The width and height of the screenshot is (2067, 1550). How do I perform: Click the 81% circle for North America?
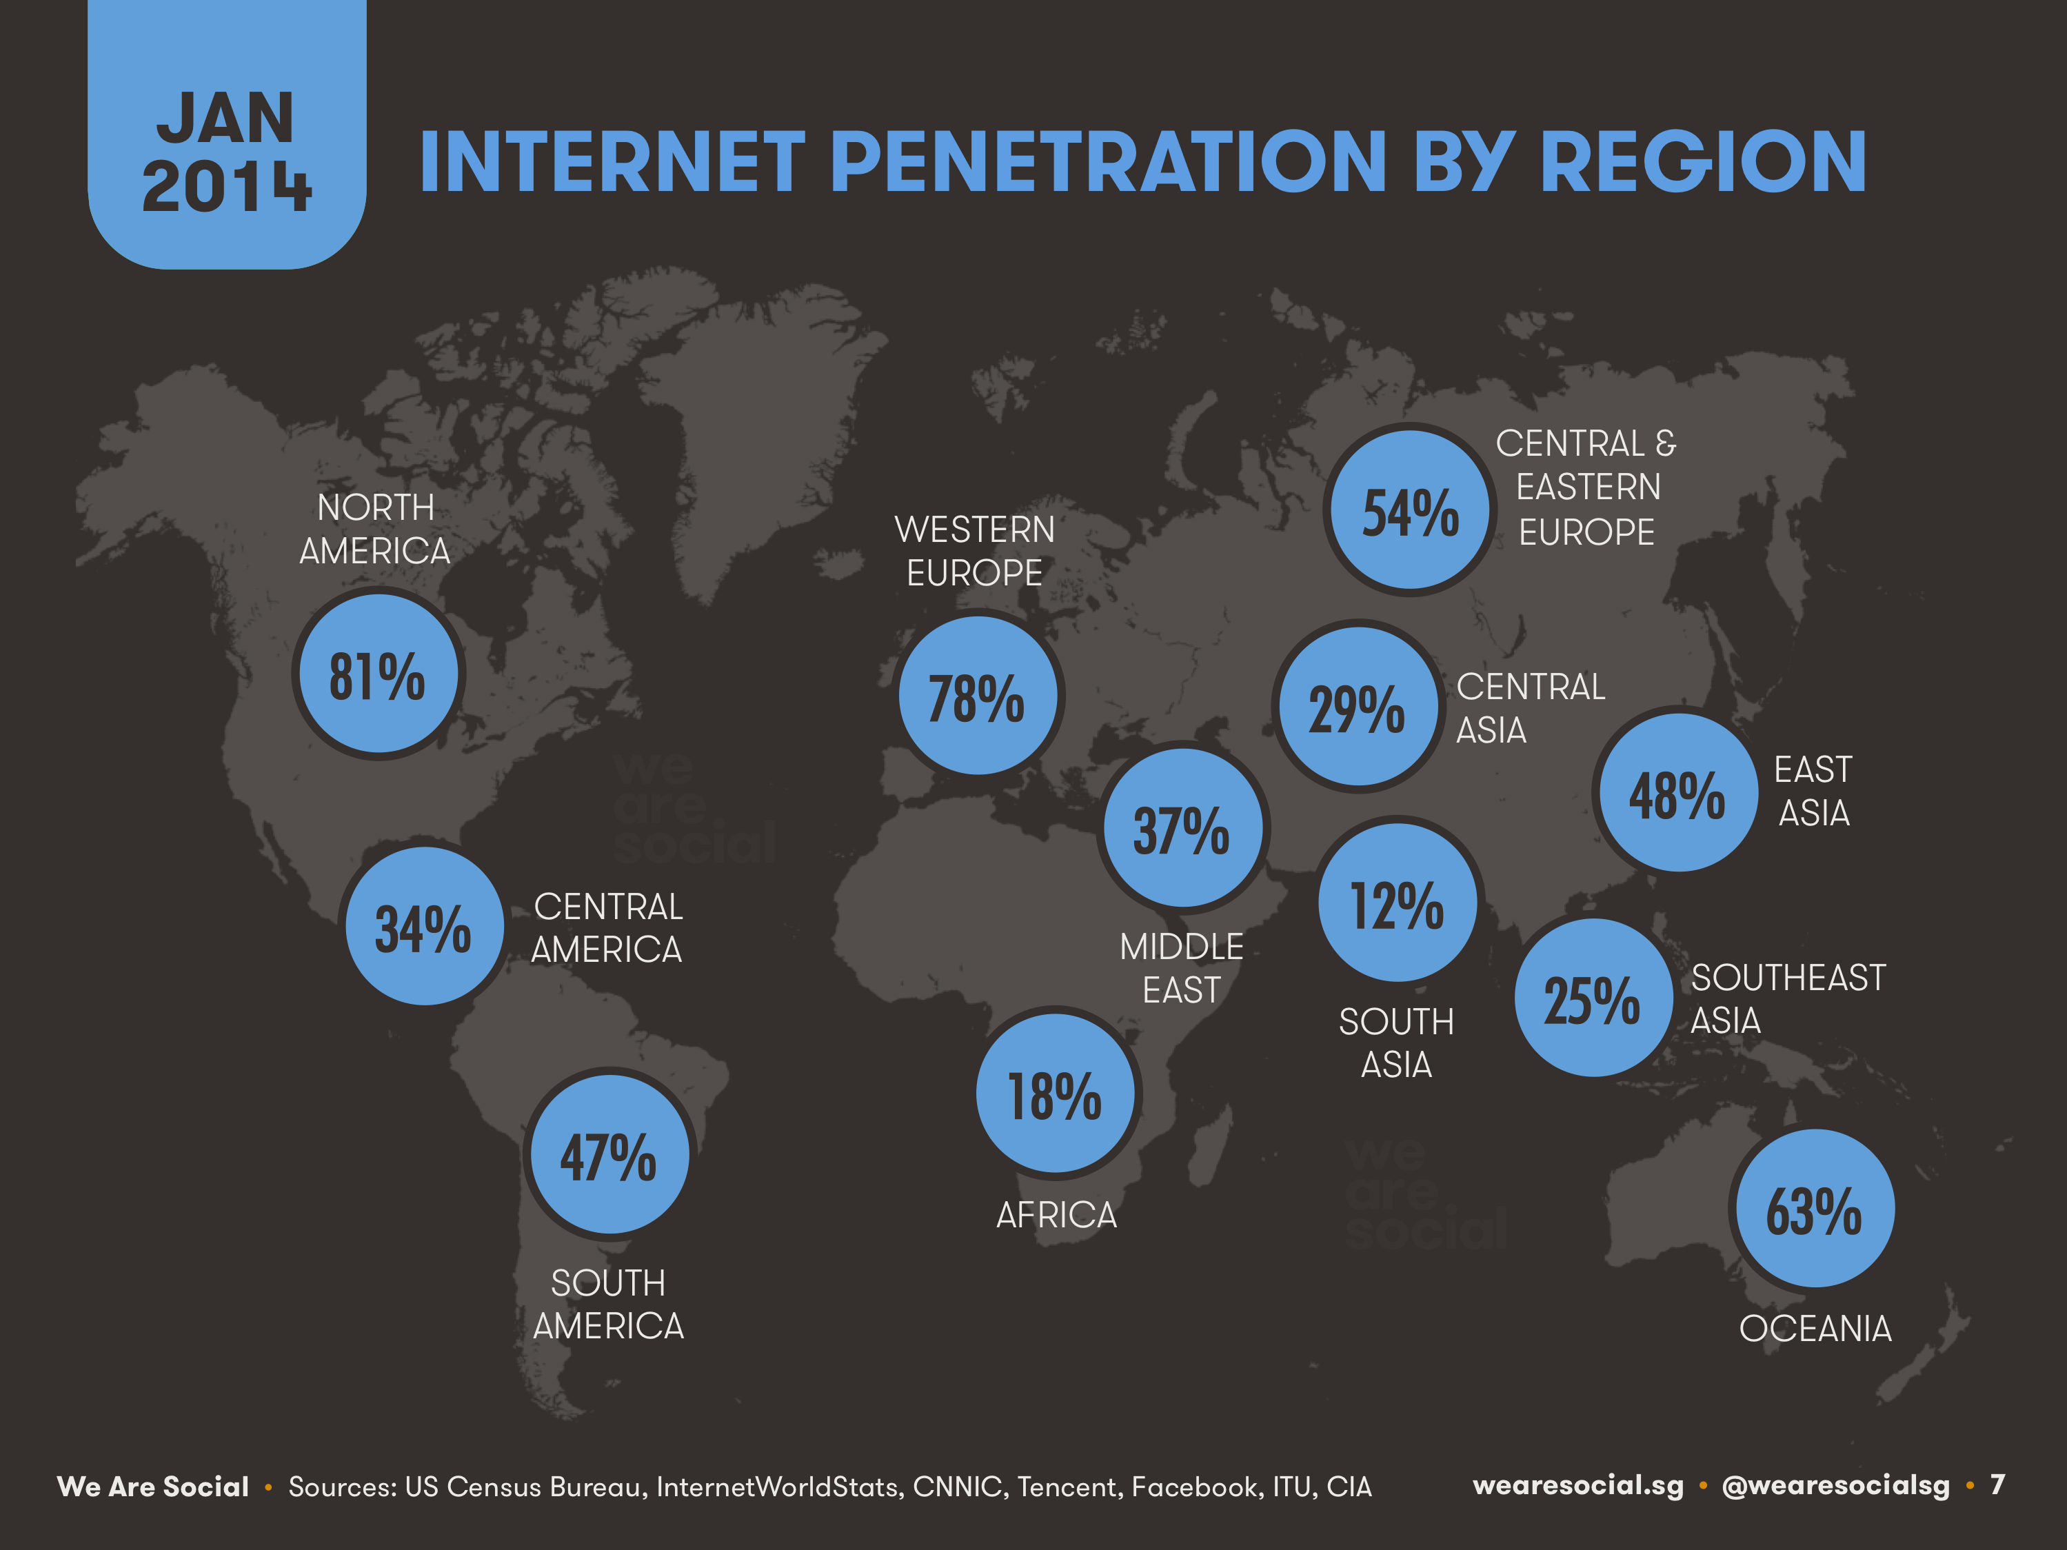[379, 674]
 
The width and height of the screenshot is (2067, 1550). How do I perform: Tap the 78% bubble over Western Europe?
[978, 696]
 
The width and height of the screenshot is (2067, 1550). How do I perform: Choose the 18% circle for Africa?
[1056, 1093]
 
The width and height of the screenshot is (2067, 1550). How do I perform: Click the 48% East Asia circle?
[1678, 793]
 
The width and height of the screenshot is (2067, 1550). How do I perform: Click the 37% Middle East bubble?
[1183, 828]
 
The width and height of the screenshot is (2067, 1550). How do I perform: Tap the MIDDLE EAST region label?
[1181, 968]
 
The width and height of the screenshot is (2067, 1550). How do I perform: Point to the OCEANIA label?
[1815, 1329]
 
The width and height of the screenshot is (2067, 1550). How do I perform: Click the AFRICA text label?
[1056, 1216]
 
